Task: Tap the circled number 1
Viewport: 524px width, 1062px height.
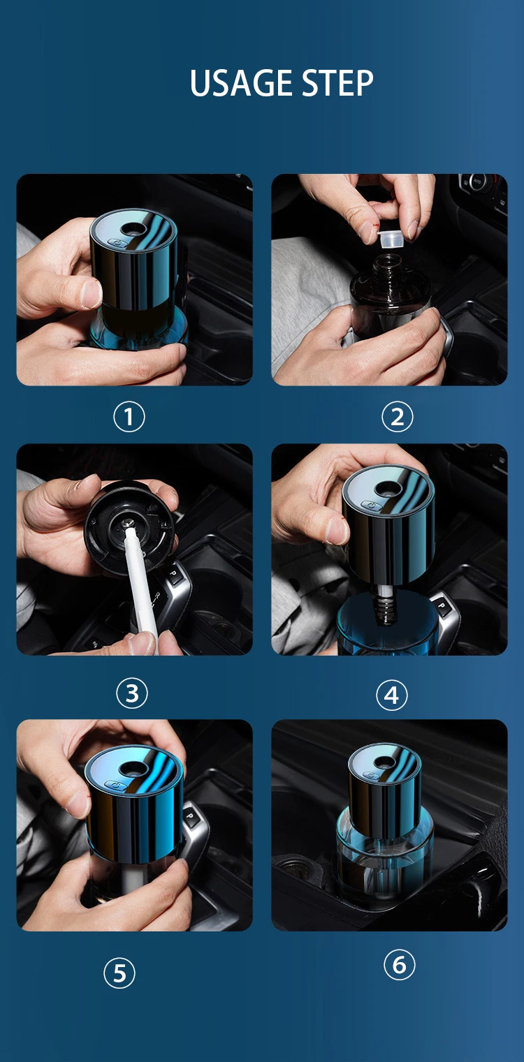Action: [129, 417]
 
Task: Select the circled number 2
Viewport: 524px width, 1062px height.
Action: [397, 417]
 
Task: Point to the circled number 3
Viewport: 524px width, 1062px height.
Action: [131, 693]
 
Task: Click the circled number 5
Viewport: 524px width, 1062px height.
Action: [119, 973]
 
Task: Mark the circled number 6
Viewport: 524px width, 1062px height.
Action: [399, 964]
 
